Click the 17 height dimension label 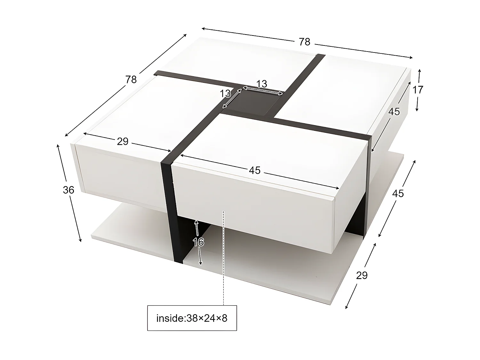pyautogui.click(x=418, y=90)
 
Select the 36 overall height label pyautogui.click(x=68, y=190)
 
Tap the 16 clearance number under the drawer pyautogui.click(x=198, y=242)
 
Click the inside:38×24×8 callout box pyautogui.click(x=192, y=318)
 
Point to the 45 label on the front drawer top pyautogui.click(x=255, y=171)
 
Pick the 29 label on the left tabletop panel pyautogui.click(x=123, y=141)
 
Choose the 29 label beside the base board pyautogui.click(x=362, y=275)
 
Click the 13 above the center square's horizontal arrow pyautogui.click(x=262, y=84)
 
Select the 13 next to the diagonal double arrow pyautogui.click(x=225, y=93)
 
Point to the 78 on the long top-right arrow pyautogui.click(x=305, y=42)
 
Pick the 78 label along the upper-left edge pyautogui.click(x=131, y=79)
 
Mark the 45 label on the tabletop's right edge pyautogui.click(x=394, y=111)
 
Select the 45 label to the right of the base pyautogui.click(x=398, y=193)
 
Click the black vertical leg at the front pyautogui.click(x=171, y=208)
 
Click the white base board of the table pyautogui.click(x=272, y=275)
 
